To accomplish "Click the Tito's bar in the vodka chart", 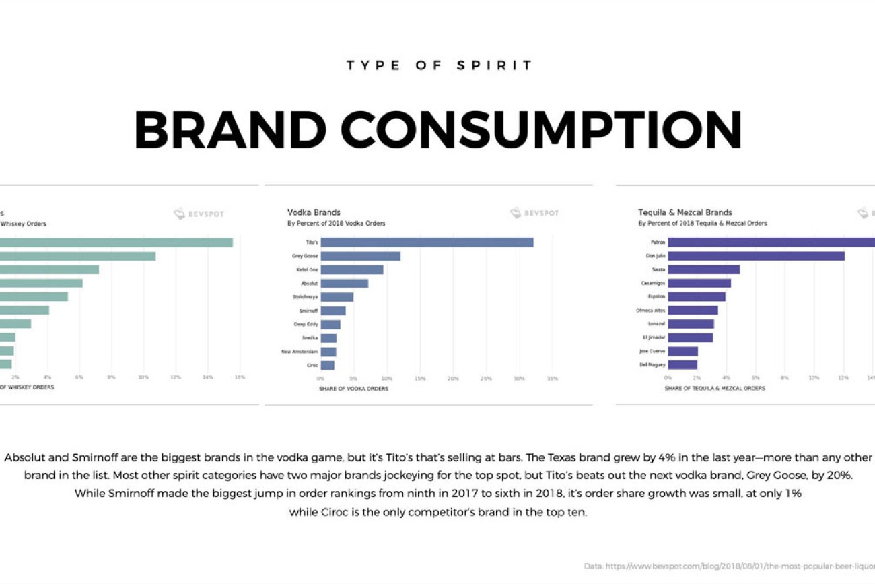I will point(427,242).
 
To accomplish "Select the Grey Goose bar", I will point(360,256).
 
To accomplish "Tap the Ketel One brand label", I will point(307,270).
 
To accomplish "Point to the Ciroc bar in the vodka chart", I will point(328,365).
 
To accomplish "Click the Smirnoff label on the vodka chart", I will point(308,311).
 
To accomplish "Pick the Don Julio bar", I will point(756,256).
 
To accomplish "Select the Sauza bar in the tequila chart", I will point(703,269).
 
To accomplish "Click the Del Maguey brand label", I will point(652,365).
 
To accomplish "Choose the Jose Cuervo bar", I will point(682,351).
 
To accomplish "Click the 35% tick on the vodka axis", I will point(552,379).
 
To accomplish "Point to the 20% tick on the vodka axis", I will point(453,379).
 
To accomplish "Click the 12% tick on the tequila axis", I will point(843,379).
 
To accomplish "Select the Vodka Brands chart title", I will point(314,212).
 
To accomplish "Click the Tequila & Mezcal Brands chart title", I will point(685,212).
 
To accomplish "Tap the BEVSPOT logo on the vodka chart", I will point(534,214).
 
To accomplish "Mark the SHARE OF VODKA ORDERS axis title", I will point(353,389).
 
